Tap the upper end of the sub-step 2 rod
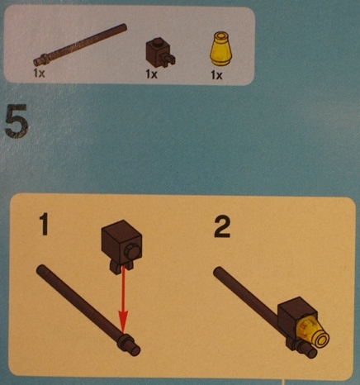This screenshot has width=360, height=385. point(218,271)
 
